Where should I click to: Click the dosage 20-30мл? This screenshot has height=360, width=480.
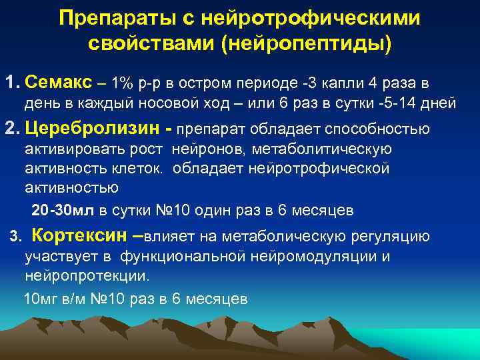click(64, 211)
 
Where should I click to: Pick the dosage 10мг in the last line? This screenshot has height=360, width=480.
click(41, 299)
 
